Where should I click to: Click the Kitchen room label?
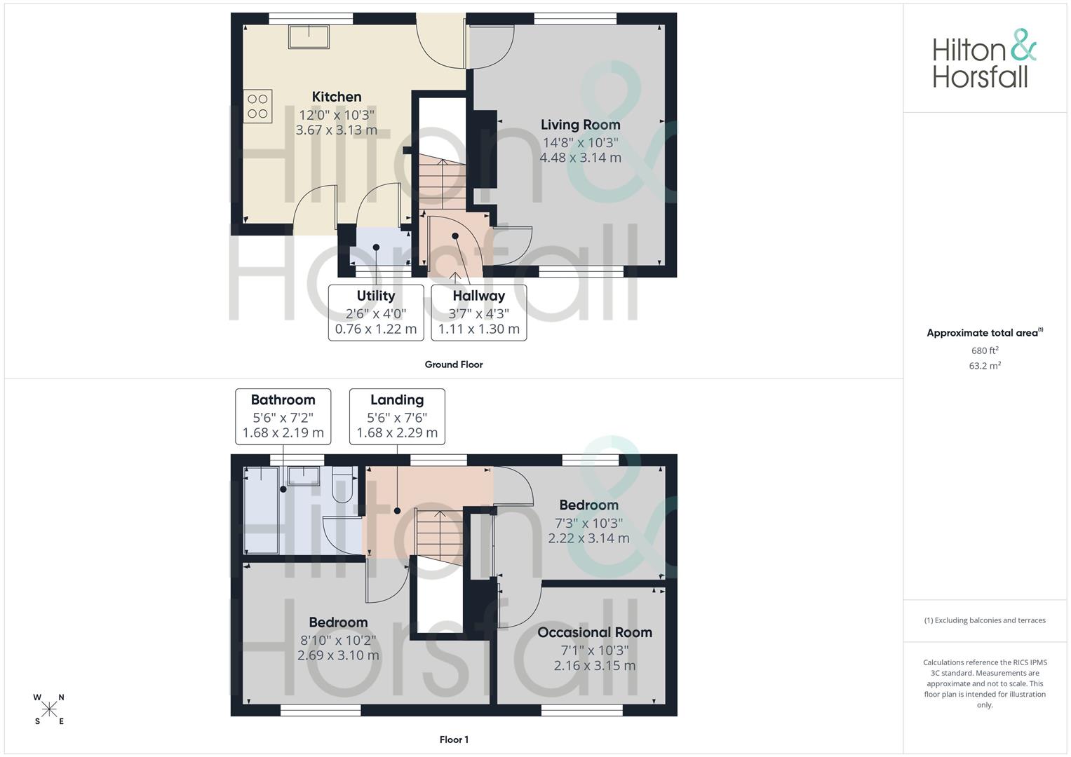337,97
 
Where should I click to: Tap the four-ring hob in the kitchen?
257,107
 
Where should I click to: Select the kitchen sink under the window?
309,37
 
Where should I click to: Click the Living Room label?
580,125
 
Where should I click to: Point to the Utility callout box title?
376,296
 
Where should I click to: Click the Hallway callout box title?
478,296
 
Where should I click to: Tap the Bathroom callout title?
283,400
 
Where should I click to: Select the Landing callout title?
397,400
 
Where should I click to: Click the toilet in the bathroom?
342,485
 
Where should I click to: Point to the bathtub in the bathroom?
261,510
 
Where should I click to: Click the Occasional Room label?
595,632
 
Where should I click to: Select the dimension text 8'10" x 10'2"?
338,640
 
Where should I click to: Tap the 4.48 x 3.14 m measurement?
580,158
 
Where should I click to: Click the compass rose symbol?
49,709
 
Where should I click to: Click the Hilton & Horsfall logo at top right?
984,59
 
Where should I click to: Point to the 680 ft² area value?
985,350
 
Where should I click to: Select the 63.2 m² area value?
985,366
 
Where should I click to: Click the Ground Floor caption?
454,364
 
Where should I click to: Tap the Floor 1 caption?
454,739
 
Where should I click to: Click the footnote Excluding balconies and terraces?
985,620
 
